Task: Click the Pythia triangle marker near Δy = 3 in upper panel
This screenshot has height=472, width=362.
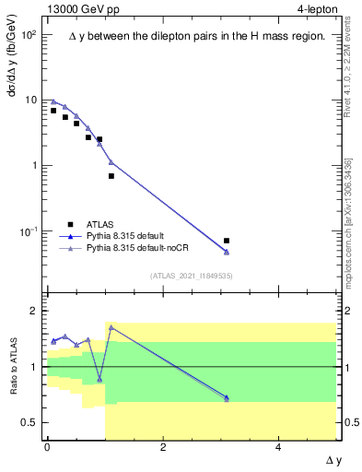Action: [x=227, y=252]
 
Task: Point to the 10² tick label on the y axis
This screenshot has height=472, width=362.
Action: [x=29, y=34]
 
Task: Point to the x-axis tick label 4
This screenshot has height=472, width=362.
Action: [x=279, y=447]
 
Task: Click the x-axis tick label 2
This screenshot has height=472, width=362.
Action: [x=163, y=447]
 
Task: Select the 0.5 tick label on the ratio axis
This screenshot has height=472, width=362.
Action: [x=29, y=422]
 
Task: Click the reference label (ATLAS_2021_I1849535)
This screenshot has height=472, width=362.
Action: [x=191, y=276]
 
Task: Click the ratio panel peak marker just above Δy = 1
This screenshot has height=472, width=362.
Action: [x=111, y=327]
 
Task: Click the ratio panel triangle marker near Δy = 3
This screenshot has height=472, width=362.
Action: [x=227, y=398]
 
